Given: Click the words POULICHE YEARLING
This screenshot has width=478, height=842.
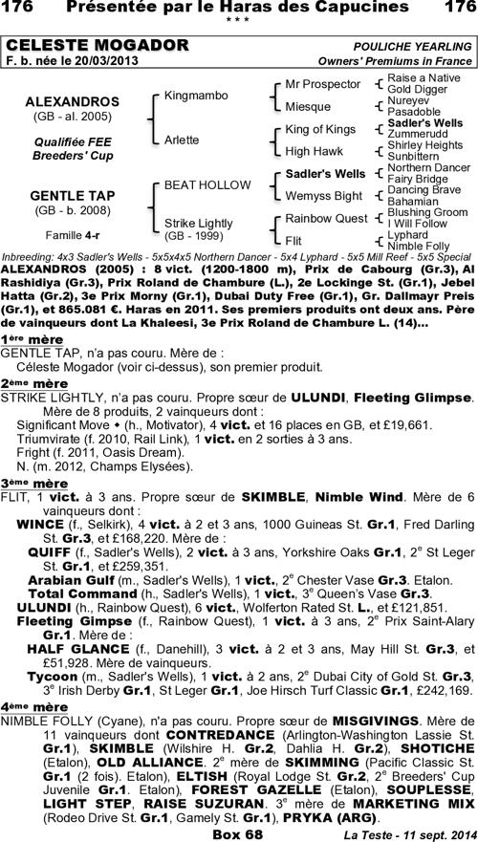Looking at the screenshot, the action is point(409,46).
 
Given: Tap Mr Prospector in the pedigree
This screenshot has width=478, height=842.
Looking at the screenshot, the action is point(320,84).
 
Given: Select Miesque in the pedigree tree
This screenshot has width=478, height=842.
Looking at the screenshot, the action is point(308,107).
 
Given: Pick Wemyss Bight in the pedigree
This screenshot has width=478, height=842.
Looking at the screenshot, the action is point(323,196).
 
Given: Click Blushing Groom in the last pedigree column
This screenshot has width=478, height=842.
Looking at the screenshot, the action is point(427,212).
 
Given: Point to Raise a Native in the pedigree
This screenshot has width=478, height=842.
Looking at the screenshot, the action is point(420,78).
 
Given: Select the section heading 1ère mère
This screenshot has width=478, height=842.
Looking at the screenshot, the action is point(26,313).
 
